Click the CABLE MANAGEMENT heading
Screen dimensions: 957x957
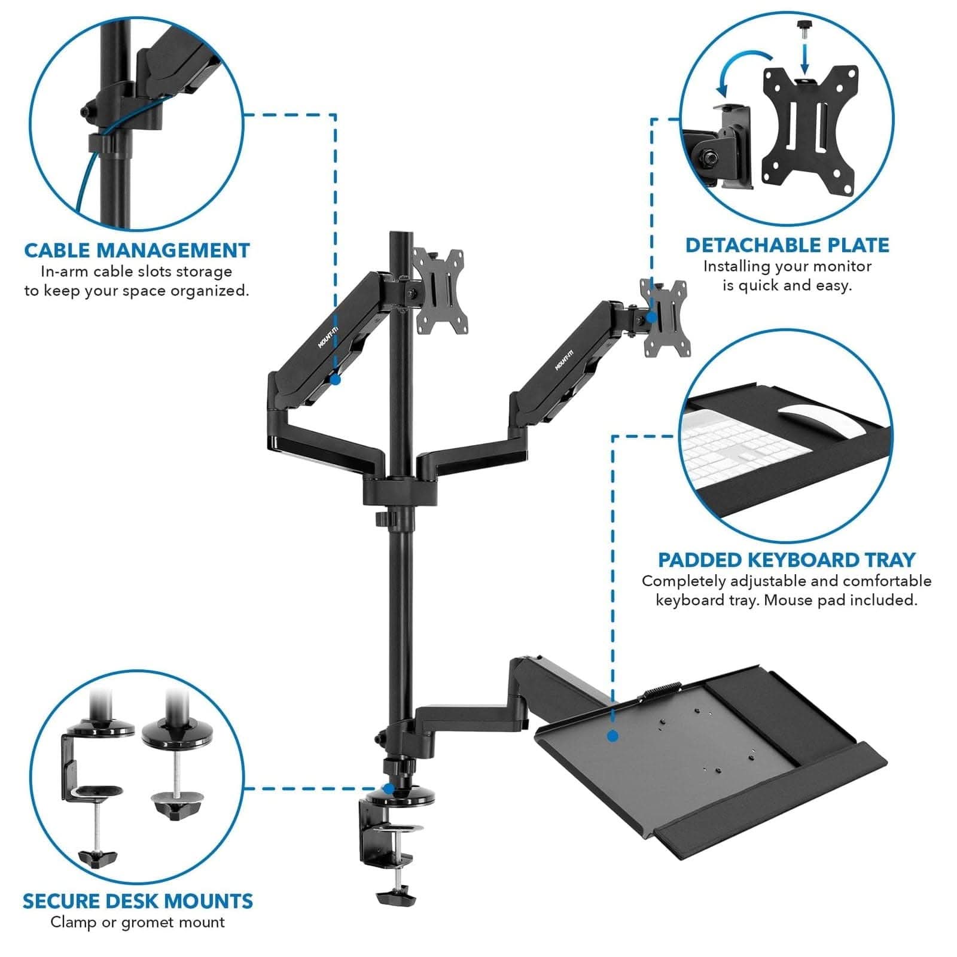click(136, 250)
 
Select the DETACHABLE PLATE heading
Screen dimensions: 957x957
click(787, 245)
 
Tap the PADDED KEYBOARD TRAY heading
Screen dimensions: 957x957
click(787, 560)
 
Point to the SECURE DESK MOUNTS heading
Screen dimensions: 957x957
click(138, 901)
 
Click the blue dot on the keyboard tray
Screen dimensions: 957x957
click(612, 736)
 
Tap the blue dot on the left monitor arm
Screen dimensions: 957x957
click(336, 379)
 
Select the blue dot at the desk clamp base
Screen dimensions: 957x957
click(389, 789)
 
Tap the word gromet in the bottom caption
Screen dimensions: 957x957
click(145, 922)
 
